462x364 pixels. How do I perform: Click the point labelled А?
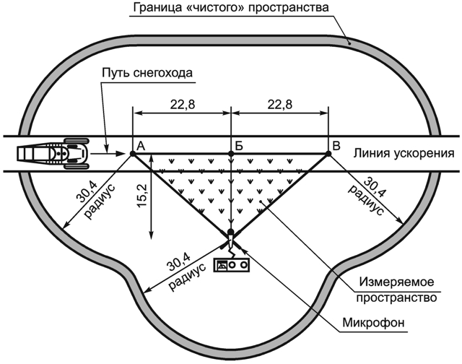[x=133, y=154]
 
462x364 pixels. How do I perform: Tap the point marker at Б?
[x=231, y=154]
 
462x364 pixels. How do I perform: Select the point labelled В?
[x=328, y=154]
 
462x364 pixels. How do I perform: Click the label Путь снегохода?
[x=147, y=73]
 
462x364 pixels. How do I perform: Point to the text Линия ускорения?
[x=404, y=153]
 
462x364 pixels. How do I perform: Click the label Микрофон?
[x=373, y=323]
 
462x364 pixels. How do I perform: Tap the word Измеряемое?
[x=396, y=282]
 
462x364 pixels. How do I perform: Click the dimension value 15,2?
[x=142, y=196]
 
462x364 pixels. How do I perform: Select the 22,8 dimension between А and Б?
[x=183, y=104]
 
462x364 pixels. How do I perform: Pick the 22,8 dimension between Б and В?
[x=280, y=104]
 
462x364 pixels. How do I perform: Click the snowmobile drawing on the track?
[x=53, y=153]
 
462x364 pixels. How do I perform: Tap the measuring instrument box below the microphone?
[x=232, y=264]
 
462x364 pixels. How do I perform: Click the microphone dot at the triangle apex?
[x=231, y=232]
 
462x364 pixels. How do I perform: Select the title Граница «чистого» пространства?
[x=231, y=7]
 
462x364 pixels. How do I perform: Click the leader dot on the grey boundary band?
[x=349, y=43]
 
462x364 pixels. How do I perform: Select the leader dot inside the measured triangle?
[x=261, y=201]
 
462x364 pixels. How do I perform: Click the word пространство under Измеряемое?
[x=396, y=298]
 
